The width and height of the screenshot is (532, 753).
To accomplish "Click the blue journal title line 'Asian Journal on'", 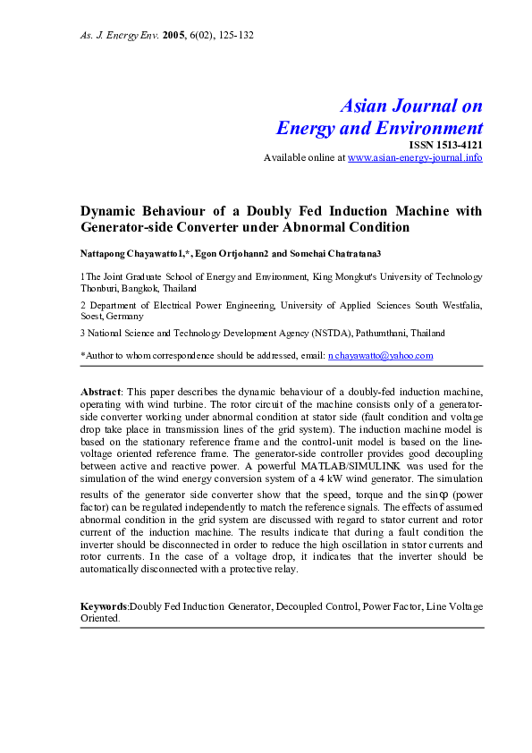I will coord(411,106).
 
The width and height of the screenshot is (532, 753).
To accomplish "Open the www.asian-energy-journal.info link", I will coord(414,157).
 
